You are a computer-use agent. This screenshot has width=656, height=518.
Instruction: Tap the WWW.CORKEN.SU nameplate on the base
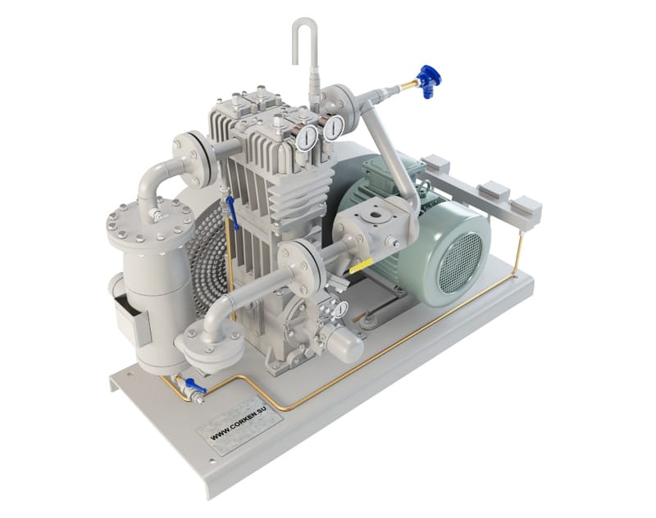point(239,426)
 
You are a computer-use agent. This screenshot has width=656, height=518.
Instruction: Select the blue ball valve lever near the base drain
point(195,385)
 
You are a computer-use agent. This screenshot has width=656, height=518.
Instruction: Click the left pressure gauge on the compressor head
point(307,137)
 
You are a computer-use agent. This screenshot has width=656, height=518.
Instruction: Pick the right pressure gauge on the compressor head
point(334,128)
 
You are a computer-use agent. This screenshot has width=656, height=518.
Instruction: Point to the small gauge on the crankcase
point(341,309)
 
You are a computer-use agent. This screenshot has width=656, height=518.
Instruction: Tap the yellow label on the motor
point(361,266)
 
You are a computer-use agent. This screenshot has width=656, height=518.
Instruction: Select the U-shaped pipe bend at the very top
point(304,39)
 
